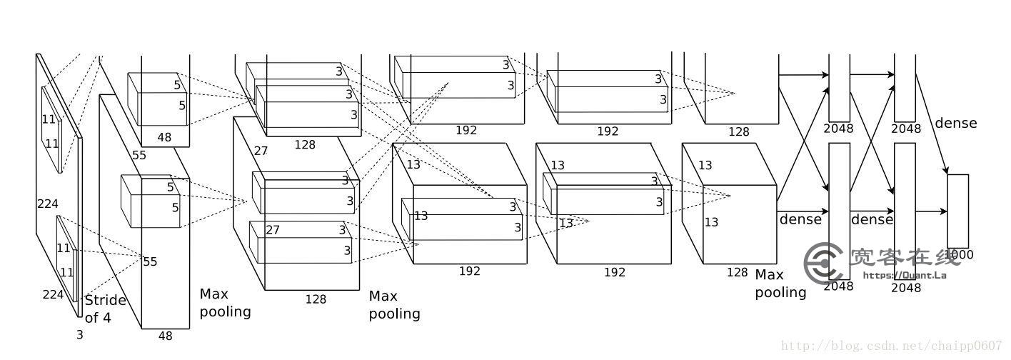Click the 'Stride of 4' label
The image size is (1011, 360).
[x=105, y=309]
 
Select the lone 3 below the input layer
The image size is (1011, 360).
[x=80, y=334]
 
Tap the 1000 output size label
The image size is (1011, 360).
[x=959, y=254]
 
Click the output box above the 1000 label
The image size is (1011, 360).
[x=957, y=211]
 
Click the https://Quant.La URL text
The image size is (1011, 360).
[x=905, y=275]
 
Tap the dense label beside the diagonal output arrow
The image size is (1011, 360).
[x=955, y=123]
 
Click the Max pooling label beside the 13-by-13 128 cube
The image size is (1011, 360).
[x=780, y=284]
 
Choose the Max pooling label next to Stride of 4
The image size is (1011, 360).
[x=225, y=302]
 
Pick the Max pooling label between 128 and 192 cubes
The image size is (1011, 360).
[x=394, y=305]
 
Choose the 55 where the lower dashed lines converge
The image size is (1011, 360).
[x=150, y=261]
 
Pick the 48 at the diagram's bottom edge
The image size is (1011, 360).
[x=165, y=336]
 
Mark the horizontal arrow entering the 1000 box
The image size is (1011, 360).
[x=931, y=211]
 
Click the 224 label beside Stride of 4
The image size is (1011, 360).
[x=53, y=294]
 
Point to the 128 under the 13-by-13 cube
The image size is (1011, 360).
[x=737, y=272]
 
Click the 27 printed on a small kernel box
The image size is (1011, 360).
[x=273, y=230]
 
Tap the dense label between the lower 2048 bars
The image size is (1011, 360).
[x=872, y=219]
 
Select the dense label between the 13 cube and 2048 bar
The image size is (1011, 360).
[x=800, y=219]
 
